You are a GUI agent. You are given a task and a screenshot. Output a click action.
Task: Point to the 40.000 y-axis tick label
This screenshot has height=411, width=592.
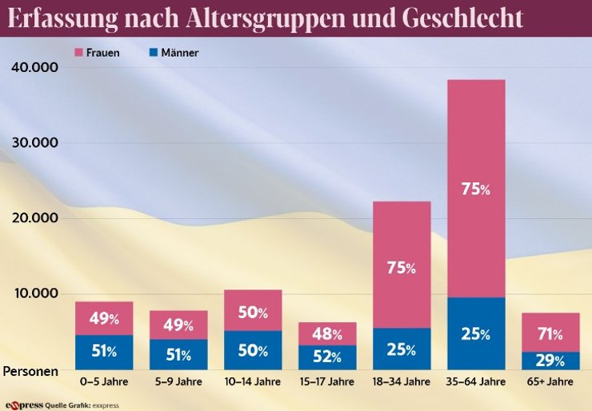[x=35, y=68]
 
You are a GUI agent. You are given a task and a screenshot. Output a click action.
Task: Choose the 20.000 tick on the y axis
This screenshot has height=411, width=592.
[x=35, y=218]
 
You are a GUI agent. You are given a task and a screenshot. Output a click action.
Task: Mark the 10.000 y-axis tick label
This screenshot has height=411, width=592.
[x=35, y=293]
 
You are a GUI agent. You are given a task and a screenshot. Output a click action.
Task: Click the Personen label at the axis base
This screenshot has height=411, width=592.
[x=30, y=371]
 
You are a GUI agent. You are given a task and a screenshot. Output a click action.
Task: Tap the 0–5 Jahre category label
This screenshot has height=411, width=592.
[x=104, y=382]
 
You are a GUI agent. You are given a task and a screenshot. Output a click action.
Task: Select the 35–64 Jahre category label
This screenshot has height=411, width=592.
[x=476, y=382]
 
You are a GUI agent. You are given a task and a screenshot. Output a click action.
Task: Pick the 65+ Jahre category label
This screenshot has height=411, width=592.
[x=550, y=382]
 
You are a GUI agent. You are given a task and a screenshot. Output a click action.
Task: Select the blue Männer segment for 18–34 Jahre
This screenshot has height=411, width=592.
[x=402, y=349]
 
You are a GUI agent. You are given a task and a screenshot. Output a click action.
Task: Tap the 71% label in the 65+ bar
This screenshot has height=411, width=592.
[x=550, y=333]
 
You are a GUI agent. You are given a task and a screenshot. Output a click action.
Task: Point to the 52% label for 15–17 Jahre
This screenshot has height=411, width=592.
[x=327, y=357]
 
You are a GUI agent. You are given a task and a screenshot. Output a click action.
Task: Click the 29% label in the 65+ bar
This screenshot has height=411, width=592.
[x=550, y=361]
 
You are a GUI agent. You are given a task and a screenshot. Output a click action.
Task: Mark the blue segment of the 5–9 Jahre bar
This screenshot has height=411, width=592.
[x=178, y=354]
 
